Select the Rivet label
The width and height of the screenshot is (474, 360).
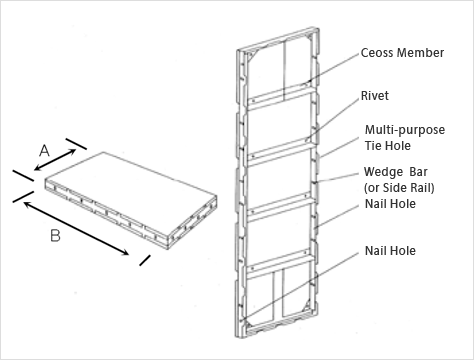tap(375, 96)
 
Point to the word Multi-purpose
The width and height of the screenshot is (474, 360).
tap(405, 130)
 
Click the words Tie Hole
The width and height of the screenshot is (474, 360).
tap(387, 146)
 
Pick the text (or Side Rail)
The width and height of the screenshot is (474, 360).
tap(399, 188)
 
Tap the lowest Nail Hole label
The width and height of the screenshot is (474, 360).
tap(390, 251)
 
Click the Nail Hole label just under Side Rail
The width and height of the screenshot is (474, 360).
tap(390, 204)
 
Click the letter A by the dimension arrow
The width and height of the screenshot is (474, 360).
tap(44, 151)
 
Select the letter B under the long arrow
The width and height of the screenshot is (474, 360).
tap(55, 236)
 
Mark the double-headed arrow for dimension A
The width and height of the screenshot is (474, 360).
tap(55, 160)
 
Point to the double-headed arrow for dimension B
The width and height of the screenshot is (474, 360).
tap(76, 228)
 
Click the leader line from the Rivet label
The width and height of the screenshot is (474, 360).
tap(333, 119)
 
